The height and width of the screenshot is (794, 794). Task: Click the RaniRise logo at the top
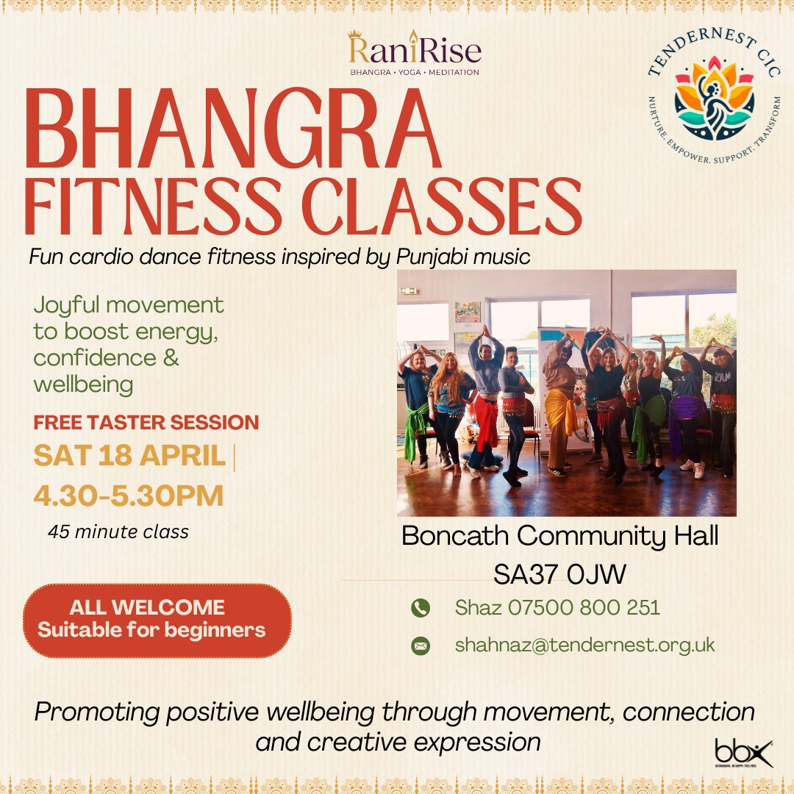[414, 53]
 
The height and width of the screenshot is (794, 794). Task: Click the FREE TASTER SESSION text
[146, 422]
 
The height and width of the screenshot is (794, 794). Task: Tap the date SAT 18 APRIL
[129, 455]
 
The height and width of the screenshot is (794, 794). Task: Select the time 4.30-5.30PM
[129, 496]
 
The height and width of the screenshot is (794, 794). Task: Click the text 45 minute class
[118, 532]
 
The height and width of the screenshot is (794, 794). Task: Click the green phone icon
[421, 608]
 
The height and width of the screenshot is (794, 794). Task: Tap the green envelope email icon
[421, 645]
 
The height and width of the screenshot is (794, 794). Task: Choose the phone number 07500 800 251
[584, 608]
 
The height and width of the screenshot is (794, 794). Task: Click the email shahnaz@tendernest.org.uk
[585, 645]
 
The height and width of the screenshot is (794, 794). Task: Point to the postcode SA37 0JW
[559, 574]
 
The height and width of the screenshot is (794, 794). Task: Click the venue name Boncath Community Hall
[559, 536]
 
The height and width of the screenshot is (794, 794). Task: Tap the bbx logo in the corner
[743, 754]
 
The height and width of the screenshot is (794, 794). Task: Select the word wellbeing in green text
[84, 385]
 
